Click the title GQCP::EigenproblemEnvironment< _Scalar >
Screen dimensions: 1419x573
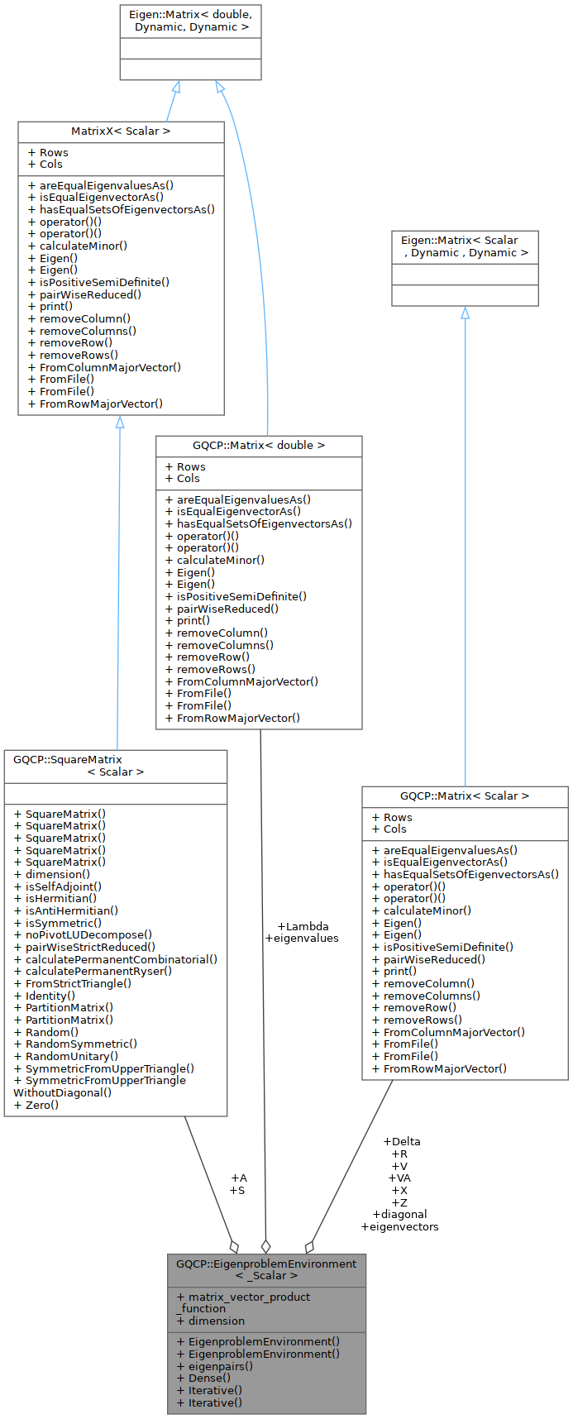(x=266, y=1269)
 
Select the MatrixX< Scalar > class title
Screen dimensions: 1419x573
(x=121, y=131)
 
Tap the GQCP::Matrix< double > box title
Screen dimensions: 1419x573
(x=259, y=446)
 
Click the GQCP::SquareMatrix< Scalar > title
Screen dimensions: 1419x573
(x=116, y=766)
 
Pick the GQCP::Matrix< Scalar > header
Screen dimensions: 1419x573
(x=465, y=796)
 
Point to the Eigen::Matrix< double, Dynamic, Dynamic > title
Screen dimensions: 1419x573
(x=190, y=21)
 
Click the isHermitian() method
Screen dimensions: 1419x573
(x=61, y=898)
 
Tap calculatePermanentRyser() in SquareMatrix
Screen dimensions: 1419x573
(x=98, y=971)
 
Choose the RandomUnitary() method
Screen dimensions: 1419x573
(x=72, y=1056)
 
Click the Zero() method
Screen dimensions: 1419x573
(x=42, y=1105)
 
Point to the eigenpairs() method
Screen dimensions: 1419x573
(x=220, y=1366)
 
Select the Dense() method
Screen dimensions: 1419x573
(x=209, y=1378)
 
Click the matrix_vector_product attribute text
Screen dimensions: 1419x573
(x=249, y=1297)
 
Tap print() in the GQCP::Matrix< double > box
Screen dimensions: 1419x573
(x=193, y=620)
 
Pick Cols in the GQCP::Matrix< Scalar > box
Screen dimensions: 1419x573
(x=394, y=829)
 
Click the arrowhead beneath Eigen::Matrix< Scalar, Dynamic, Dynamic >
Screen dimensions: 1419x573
(x=465, y=313)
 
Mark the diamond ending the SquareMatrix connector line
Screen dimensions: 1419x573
(x=235, y=1246)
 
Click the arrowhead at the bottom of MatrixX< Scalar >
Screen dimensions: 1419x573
(x=120, y=422)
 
